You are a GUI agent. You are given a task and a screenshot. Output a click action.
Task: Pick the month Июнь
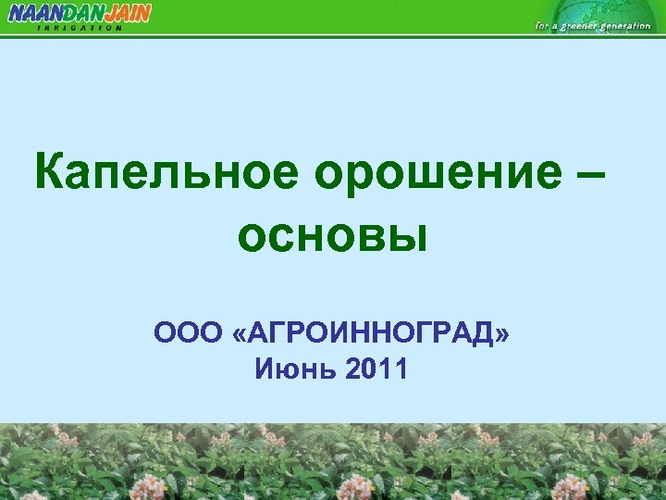click(x=292, y=370)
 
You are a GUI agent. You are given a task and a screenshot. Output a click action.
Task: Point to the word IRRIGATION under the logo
click(x=80, y=28)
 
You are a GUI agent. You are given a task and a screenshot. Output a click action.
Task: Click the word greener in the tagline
click(x=579, y=26)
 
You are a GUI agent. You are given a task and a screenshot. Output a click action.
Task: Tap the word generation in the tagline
click(x=626, y=26)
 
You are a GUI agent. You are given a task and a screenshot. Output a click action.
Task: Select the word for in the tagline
click(x=541, y=26)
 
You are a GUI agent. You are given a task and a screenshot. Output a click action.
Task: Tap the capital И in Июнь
click(x=264, y=370)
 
